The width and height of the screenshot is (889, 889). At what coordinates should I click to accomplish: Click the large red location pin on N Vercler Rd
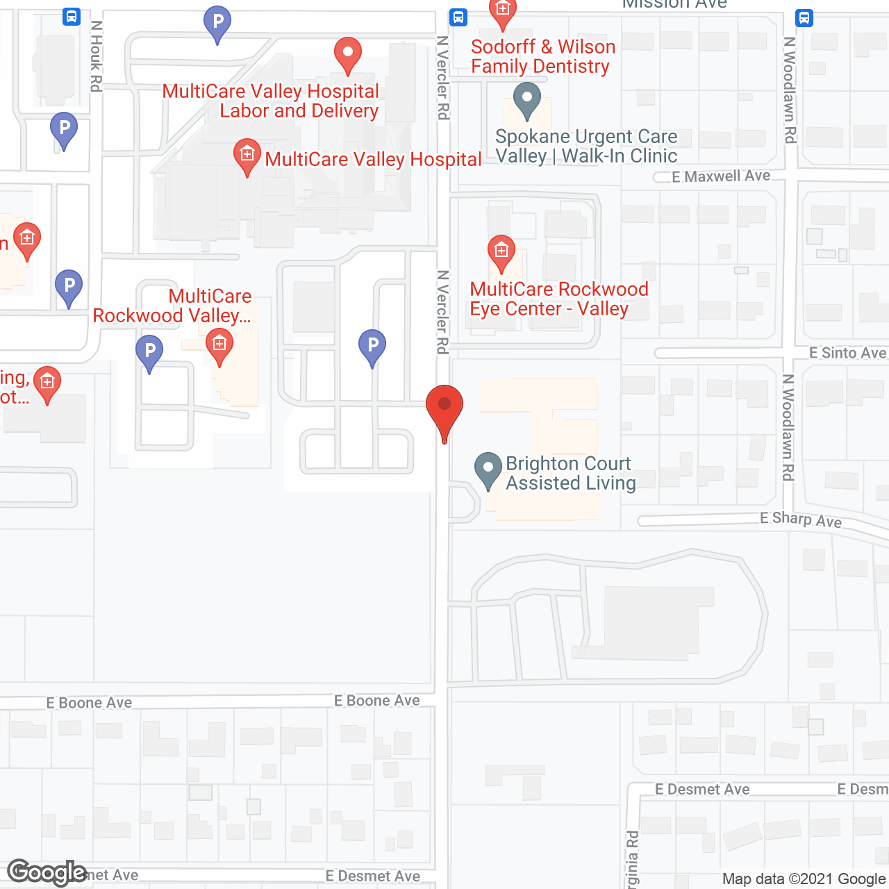click(x=444, y=406)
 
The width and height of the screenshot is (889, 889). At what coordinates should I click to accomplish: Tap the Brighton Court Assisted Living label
click(x=570, y=473)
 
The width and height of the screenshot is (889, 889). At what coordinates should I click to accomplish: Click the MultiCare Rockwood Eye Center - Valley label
click(x=558, y=299)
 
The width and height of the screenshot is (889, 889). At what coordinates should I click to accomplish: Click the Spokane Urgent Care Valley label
click(x=586, y=146)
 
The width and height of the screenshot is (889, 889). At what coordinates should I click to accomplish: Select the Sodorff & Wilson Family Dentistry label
click(x=542, y=56)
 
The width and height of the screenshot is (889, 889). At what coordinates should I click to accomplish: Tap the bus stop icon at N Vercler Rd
click(x=458, y=17)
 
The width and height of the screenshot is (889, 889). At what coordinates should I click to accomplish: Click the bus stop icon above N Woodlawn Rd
click(x=804, y=17)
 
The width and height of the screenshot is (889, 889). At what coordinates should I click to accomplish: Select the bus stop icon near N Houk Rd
click(x=71, y=17)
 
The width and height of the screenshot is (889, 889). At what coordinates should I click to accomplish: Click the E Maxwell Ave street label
click(x=721, y=176)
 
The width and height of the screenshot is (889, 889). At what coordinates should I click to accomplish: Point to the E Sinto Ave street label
click(x=847, y=353)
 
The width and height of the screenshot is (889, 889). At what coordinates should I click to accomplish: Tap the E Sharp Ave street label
click(x=800, y=519)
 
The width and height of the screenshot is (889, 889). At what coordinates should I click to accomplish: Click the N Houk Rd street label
click(x=97, y=56)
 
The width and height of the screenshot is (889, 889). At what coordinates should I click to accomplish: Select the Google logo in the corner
click(x=47, y=872)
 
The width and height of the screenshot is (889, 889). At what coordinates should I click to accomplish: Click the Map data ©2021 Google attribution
click(x=804, y=879)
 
